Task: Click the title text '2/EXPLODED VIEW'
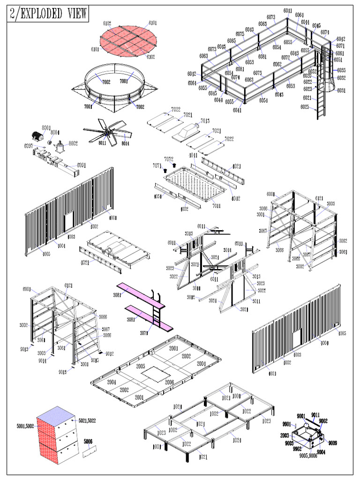click(x=48, y=14)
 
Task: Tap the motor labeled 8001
click(x=36, y=136)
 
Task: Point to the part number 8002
click(x=73, y=143)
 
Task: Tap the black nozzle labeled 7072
click(x=174, y=165)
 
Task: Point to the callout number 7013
click(x=205, y=121)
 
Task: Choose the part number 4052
click(x=184, y=209)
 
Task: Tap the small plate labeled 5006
click(x=89, y=452)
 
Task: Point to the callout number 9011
click(x=315, y=414)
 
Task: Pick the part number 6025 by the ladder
click(x=305, y=107)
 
